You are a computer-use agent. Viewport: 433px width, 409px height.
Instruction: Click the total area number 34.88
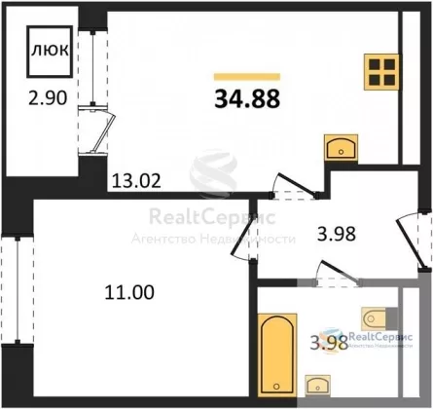click(x=247, y=99)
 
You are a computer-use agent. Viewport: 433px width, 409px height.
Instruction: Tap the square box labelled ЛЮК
click(x=50, y=52)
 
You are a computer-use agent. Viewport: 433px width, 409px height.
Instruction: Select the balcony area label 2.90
click(x=48, y=97)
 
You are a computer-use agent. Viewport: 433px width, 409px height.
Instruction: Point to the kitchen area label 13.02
click(x=136, y=181)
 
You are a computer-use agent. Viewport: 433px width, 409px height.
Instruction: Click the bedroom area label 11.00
click(x=129, y=292)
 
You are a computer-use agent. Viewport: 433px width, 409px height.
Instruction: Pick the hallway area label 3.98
click(x=337, y=234)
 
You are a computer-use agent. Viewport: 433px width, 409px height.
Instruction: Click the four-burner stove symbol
click(x=381, y=72)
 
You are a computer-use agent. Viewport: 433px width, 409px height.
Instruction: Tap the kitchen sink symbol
click(x=341, y=148)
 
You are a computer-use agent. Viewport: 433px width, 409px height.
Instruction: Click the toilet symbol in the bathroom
click(x=379, y=318)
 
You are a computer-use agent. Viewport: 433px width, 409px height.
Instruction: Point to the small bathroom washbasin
click(x=318, y=386)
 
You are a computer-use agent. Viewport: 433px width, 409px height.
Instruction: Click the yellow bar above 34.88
click(x=247, y=77)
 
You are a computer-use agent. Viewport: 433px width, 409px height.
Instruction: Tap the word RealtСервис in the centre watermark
click(x=212, y=217)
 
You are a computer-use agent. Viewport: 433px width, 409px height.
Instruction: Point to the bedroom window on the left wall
click(x=18, y=289)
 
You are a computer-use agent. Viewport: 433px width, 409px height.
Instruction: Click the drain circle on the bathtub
click(x=276, y=387)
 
